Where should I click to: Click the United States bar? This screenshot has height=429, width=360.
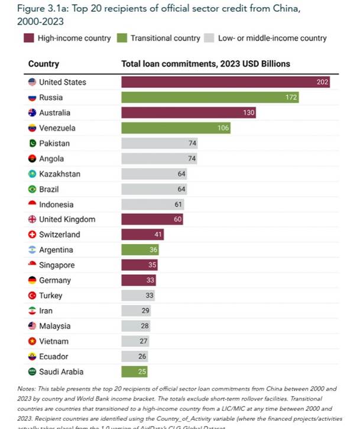[225, 82]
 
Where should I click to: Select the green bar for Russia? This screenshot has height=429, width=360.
[210, 97]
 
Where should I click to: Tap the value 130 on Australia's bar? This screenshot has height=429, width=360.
[249, 113]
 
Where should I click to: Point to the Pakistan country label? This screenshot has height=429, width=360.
[54, 144]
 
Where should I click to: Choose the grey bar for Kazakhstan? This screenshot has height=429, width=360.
[154, 174]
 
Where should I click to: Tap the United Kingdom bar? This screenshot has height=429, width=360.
[152, 220]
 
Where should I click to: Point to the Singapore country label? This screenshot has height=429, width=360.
[57, 265]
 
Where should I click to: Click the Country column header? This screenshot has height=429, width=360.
[43, 63]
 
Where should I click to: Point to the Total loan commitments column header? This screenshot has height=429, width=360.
[206, 63]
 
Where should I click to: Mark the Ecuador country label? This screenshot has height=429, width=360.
[54, 357]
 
